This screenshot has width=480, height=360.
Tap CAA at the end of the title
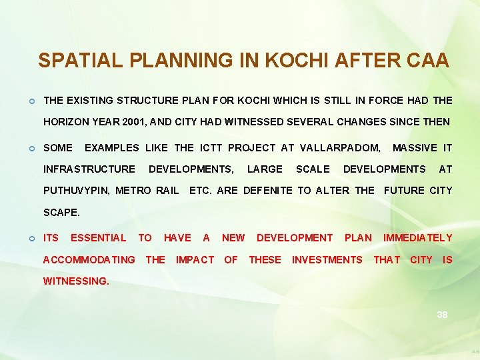[x=426, y=61]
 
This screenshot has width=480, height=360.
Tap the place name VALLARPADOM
[x=340, y=147]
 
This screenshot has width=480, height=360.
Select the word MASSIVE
[x=416, y=147]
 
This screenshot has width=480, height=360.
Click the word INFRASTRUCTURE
[x=89, y=169]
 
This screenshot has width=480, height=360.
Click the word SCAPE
[x=61, y=213]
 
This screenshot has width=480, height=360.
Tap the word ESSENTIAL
[x=98, y=238]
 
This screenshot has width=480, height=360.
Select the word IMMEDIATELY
[x=417, y=238]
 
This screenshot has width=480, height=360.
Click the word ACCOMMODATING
[x=89, y=260]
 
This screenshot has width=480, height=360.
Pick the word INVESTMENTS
[x=327, y=260]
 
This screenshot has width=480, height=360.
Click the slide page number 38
[x=442, y=315]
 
